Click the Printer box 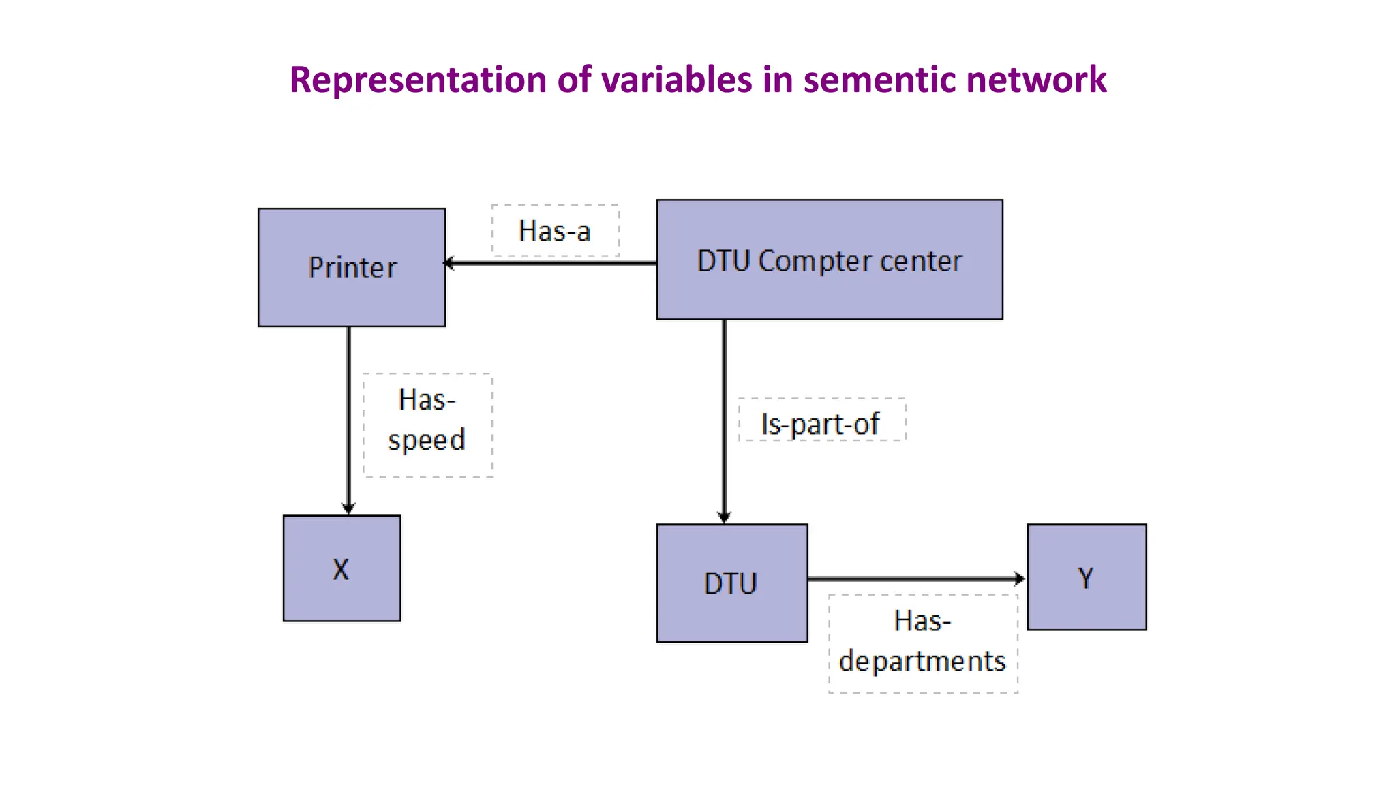[x=352, y=267]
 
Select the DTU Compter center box [x=830, y=260]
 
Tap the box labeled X [x=342, y=568]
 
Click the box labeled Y [x=1087, y=577]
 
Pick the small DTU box [x=731, y=583]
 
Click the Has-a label [x=555, y=231]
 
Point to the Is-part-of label [x=821, y=423]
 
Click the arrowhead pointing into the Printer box [x=449, y=263]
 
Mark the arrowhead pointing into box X [x=348, y=508]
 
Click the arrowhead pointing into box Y [x=1020, y=579]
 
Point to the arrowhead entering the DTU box [x=724, y=517]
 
